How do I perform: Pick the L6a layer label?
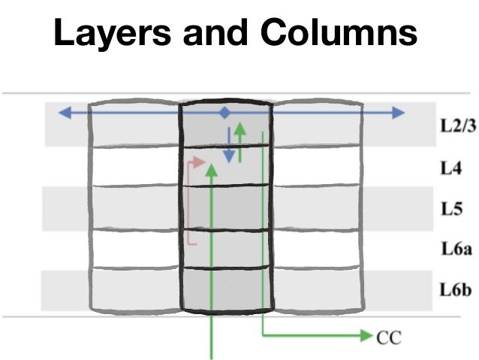point(455,249)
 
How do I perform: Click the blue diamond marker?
point(224,113)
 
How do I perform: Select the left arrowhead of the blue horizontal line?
point(65,113)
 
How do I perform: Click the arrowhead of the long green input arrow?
point(212,171)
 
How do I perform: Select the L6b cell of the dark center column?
point(225,289)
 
